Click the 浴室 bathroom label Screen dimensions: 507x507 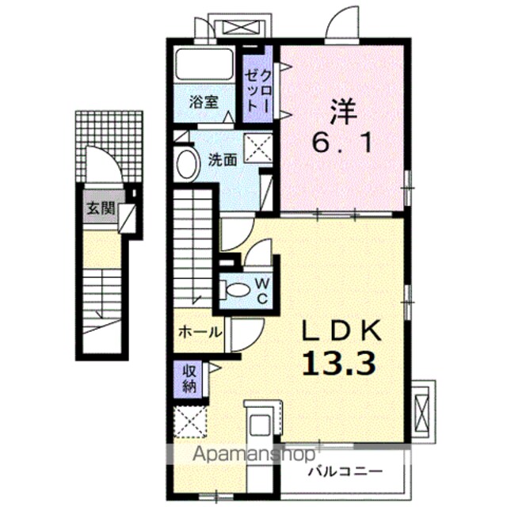click(204, 102)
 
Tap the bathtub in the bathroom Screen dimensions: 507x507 click(204, 65)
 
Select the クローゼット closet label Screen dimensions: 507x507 click(257, 91)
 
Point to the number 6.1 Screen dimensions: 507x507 click(341, 143)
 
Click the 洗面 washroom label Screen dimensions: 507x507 click(223, 160)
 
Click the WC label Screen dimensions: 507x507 click(262, 292)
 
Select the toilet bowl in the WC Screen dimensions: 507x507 click(235, 290)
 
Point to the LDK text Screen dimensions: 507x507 click(341, 330)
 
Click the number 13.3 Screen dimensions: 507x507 click(339, 363)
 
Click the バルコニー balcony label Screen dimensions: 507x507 click(345, 472)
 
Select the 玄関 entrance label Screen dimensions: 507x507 click(101, 208)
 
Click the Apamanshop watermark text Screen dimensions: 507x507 click(253, 455)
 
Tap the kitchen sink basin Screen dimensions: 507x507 click(261, 424)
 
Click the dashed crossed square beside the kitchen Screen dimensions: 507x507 click(190, 421)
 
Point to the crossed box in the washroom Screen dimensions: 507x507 click(257, 148)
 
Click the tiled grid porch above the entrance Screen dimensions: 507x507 click(109, 147)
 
